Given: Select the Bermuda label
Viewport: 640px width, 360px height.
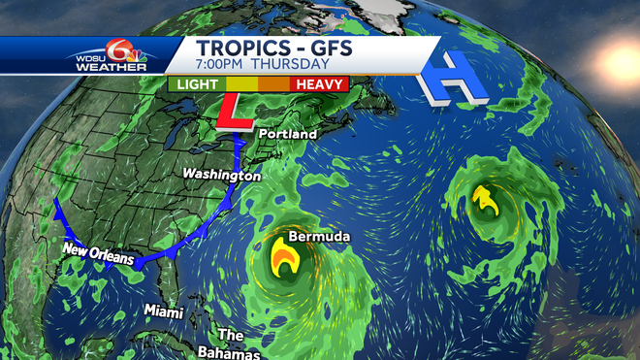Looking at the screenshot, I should [x=319, y=237].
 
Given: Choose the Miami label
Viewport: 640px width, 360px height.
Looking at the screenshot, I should [x=163, y=311].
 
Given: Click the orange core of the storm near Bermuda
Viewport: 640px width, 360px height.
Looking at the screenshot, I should [x=284, y=259].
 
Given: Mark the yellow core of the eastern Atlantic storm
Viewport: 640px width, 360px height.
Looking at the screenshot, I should [x=486, y=203].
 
